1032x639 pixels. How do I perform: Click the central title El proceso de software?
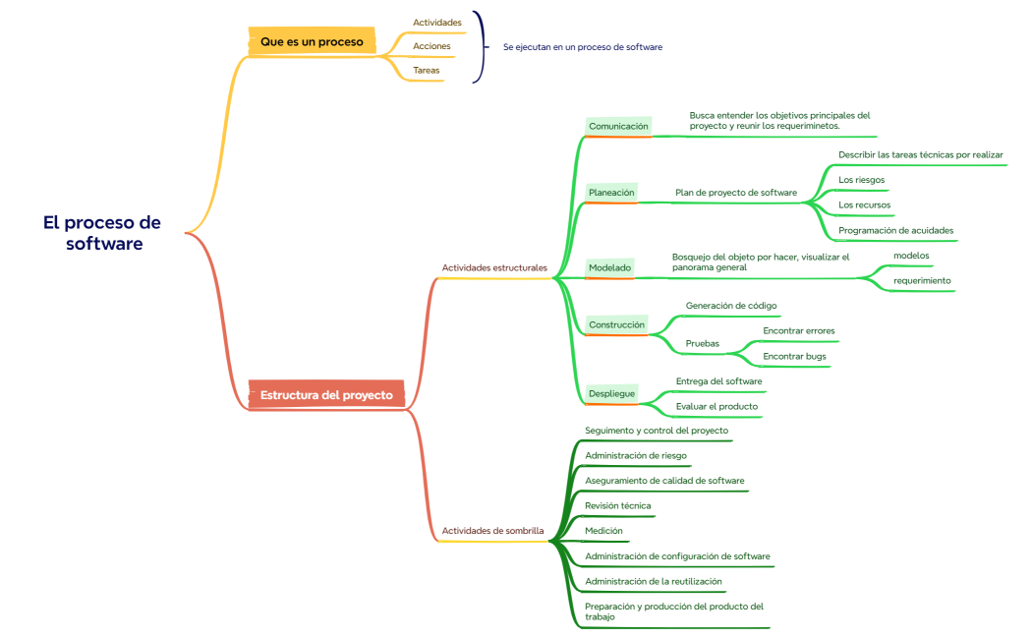tap(102, 233)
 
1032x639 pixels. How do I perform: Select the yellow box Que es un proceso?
tap(311, 42)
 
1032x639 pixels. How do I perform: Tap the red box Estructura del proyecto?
tap(326, 395)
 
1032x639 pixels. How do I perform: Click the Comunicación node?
tap(618, 126)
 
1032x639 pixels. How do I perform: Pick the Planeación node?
tap(611, 192)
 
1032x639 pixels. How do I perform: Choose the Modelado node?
tap(609, 267)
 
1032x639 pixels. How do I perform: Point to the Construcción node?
tap(616, 324)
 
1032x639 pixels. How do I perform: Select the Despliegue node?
tap(611, 393)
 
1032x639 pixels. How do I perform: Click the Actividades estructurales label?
tap(494, 267)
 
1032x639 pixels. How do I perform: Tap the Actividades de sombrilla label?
tap(492, 531)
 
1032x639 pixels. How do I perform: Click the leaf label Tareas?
tap(427, 71)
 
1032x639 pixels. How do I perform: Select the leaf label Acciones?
tap(431, 47)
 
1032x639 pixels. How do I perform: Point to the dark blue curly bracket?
tap(480, 46)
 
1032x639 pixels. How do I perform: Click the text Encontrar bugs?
tap(794, 356)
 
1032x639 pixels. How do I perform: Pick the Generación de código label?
tap(731, 306)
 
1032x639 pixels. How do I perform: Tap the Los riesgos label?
tap(861, 180)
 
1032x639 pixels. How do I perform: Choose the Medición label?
tap(603, 531)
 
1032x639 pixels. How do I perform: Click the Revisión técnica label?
tap(617, 505)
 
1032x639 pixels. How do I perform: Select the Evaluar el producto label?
tap(717, 406)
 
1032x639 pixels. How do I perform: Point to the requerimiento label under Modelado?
tap(922, 280)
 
